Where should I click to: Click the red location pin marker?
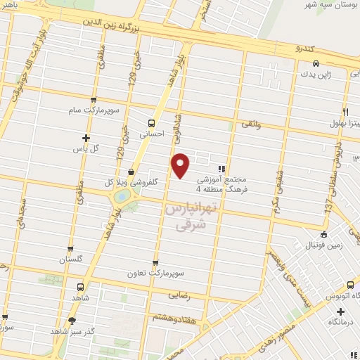[181, 165]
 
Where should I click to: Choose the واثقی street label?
[251, 125]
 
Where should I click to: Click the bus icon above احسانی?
[152, 119]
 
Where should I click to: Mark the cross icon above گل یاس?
[86, 138]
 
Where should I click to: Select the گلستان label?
[72, 259]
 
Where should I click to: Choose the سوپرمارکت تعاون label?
[155, 273]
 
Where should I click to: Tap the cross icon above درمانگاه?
[340, 311]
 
